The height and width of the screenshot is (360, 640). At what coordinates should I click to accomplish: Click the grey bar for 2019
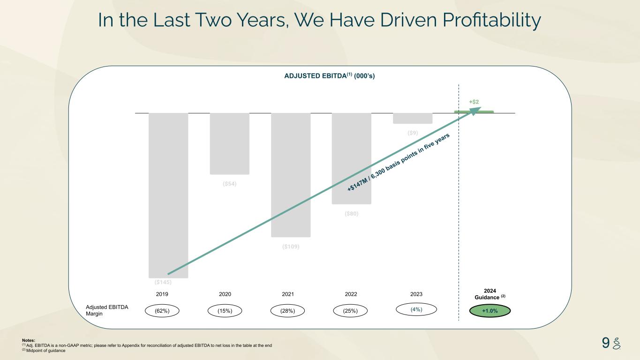click(168, 195)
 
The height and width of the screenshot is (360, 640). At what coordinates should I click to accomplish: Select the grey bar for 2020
click(229, 144)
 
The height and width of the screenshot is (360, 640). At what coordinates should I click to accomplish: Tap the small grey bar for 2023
click(413, 118)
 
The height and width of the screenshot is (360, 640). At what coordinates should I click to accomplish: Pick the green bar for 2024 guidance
click(474, 112)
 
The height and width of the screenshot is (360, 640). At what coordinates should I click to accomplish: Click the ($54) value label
click(230, 184)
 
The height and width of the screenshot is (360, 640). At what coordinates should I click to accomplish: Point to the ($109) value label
click(291, 247)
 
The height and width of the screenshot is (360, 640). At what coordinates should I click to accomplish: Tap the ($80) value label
click(352, 214)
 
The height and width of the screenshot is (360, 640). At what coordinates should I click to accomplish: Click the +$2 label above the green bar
click(474, 102)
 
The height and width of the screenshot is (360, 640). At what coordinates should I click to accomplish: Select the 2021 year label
click(288, 294)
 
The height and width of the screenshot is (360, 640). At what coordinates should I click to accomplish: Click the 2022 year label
click(351, 294)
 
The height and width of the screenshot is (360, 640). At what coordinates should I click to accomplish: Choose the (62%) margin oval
click(162, 311)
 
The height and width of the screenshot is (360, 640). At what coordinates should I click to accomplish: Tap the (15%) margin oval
click(225, 311)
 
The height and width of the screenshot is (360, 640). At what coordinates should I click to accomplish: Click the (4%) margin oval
click(416, 309)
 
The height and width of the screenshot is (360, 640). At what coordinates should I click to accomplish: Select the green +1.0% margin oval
click(490, 311)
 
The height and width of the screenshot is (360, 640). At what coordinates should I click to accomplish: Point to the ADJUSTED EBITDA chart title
click(330, 76)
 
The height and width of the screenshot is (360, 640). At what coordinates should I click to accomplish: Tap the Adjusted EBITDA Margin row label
click(107, 310)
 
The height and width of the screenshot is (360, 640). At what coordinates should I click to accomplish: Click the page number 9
click(605, 343)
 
